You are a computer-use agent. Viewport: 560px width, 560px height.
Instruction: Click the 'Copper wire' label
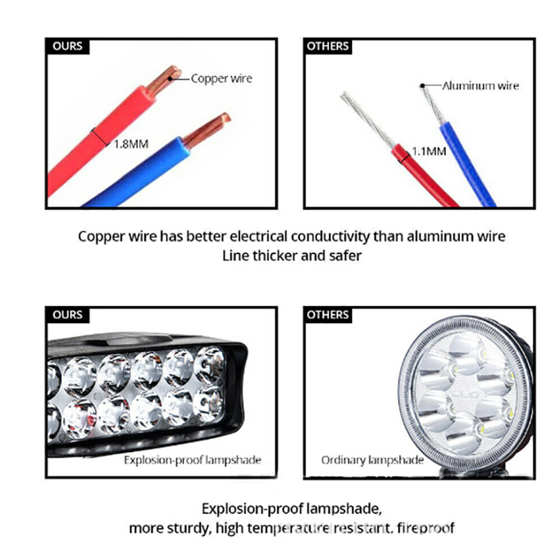[x=221, y=79]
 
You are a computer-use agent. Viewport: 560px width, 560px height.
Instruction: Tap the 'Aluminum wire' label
[x=480, y=86]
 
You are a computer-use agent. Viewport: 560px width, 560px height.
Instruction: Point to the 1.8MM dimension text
[x=131, y=144]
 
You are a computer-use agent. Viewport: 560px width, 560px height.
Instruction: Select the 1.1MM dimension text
[x=429, y=151]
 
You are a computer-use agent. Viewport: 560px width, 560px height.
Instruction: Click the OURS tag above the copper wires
[x=68, y=46]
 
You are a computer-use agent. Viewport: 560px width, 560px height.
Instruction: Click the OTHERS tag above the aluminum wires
[x=328, y=46]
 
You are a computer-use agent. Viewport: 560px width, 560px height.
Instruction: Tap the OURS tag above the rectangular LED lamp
[x=68, y=315]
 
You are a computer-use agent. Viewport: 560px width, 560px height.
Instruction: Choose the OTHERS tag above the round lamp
[x=328, y=315]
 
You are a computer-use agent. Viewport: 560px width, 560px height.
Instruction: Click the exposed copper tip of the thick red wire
[x=164, y=80]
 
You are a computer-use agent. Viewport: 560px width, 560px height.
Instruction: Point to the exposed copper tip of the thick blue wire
[x=207, y=130]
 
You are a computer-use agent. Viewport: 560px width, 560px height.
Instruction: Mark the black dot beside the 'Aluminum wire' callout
[x=423, y=86]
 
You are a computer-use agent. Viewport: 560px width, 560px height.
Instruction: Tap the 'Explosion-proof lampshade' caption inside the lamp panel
[x=192, y=460]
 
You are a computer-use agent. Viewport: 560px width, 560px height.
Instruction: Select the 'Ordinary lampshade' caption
[x=373, y=460]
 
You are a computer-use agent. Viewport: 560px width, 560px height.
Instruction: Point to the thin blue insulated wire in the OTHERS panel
[x=466, y=164]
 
